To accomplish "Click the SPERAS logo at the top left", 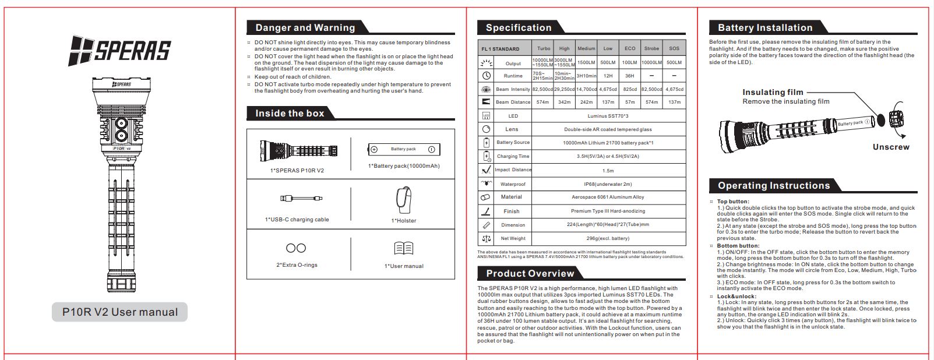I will click(119, 50).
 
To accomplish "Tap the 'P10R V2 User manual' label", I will click(120, 312).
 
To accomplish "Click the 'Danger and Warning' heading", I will click(305, 27).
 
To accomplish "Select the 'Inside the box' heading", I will click(290, 114).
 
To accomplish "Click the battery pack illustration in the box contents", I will click(403, 150).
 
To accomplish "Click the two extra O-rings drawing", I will click(296, 248).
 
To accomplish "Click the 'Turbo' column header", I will click(544, 49).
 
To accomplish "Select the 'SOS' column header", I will click(674, 49).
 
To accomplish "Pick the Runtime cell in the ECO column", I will click(630, 76).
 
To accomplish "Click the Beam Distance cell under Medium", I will click(586, 102).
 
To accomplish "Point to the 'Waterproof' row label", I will click(513, 184).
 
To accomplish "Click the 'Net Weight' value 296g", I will click(608, 238).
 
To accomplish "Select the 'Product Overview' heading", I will click(530, 274).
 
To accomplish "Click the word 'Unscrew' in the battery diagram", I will click(891, 147).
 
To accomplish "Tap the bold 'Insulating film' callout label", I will click(773, 92).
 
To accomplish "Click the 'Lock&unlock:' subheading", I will click(737, 296).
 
